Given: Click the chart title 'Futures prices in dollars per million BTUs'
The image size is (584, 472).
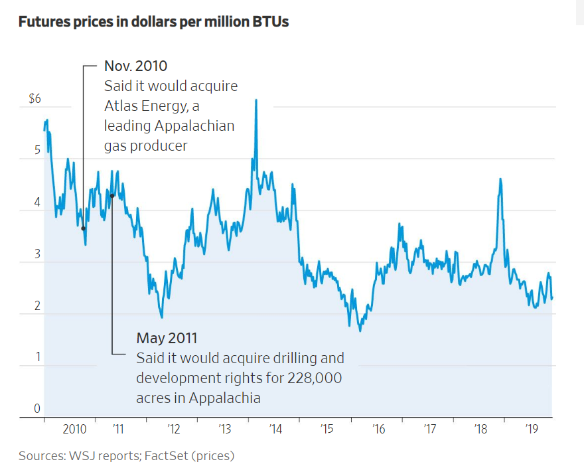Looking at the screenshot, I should [153, 22].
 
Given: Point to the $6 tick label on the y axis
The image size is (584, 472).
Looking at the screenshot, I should [35, 99].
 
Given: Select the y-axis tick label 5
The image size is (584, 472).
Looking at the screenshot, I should [37, 150].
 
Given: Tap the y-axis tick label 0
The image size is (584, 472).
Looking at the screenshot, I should [37, 408].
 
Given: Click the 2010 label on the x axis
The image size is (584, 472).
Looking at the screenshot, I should [74, 430].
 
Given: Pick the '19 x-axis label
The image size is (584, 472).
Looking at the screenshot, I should [531, 430].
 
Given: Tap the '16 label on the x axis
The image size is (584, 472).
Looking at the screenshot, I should [378, 430].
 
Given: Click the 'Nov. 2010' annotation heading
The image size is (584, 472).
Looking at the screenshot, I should [135, 66].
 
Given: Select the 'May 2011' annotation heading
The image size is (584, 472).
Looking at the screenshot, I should [167, 338].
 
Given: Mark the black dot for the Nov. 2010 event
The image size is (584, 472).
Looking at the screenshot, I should [84, 228].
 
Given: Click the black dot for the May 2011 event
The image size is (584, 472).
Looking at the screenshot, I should [113, 196].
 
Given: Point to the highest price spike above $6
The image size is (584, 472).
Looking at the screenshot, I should [256, 100].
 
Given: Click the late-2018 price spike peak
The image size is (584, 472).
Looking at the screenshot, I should [500, 179].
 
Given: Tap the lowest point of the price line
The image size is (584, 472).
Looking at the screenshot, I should [360, 331].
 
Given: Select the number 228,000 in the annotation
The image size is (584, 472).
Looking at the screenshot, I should [314, 378].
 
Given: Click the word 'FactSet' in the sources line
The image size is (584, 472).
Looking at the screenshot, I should [169, 456].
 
